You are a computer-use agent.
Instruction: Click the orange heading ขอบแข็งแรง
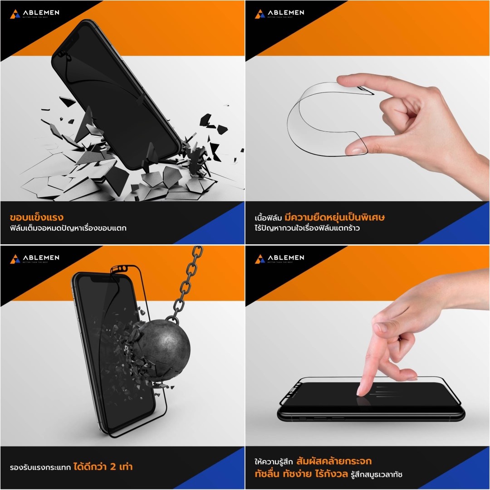pyautogui.click(x=36, y=217)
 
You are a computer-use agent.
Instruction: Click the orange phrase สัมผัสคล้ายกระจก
pyautogui.click(x=334, y=461)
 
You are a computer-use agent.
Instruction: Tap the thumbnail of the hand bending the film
pyautogui.click(x=367, y=122)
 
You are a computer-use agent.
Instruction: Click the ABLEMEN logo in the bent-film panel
pyautogui.click(x=279, y=14)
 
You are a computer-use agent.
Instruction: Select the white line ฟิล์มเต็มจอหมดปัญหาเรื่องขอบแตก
pyautogui.click(x=68, y=228)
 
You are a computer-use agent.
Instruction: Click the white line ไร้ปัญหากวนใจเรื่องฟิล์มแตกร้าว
pyautogui.click(x=307, y=228)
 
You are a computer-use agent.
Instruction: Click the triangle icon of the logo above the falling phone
pyautogui.click(x=15, y=14)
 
